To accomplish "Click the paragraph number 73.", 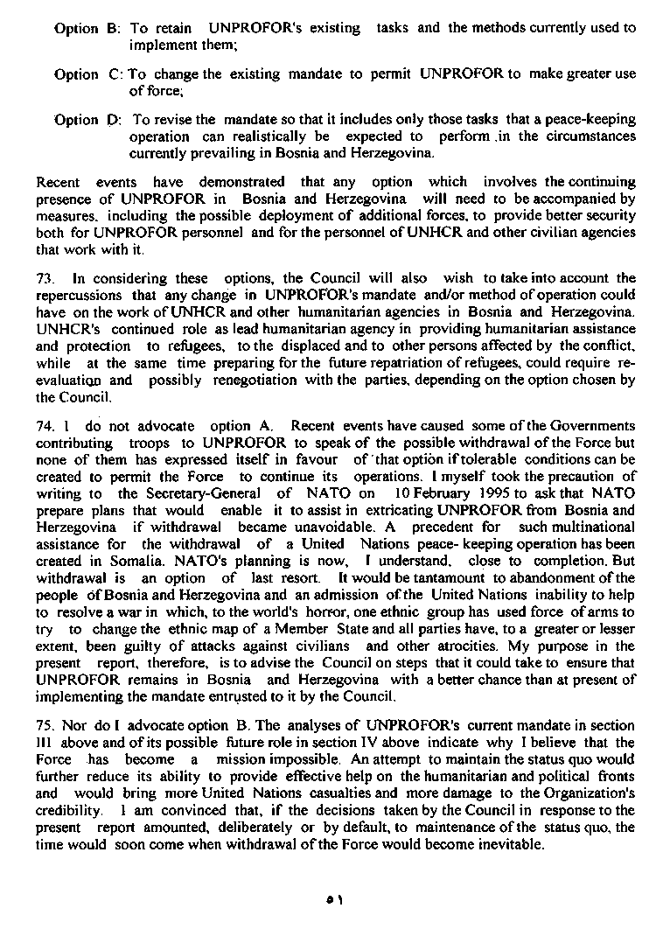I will click(x=45, y=279).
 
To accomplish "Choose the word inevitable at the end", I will click(x=513, y=844).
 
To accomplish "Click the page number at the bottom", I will click(x=331, y=899).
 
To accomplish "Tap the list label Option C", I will click(x=88, y=74).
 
